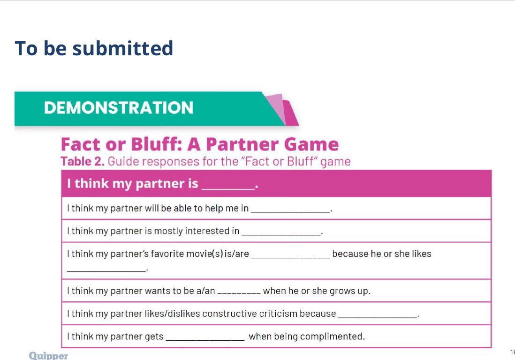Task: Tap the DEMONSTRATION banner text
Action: tap(119, 108)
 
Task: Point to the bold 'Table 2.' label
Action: tap(83, 162)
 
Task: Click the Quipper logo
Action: tap(48, 356)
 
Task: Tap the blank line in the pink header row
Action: tap(227, 187)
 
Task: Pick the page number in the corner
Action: tap(512, 352)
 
